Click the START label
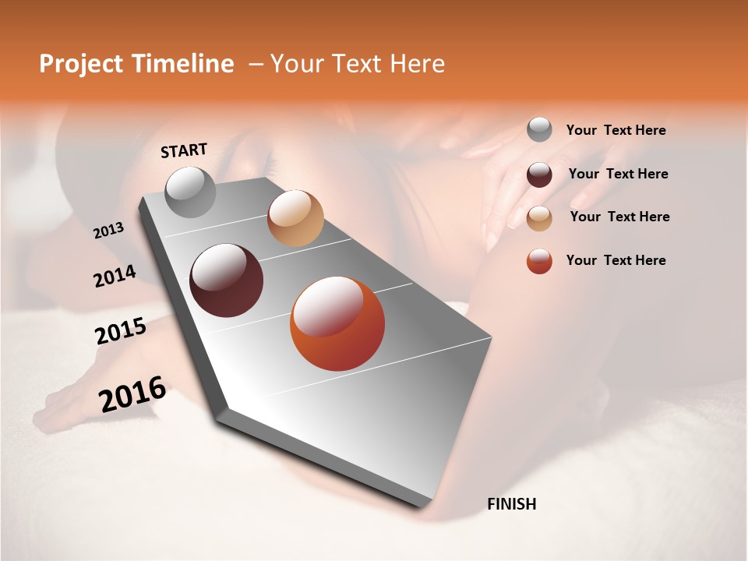[184, 150]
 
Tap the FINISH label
[512, 504]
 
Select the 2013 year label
[108, 231]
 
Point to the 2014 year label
[115, 277]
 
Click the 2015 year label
[121, 331]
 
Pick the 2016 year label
[132, 394]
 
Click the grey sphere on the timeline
[190, 192]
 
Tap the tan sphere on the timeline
[295, 217]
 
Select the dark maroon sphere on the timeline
[227, 280]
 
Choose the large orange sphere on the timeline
[337, 323]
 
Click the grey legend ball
[539, 129]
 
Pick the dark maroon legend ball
[539, 175]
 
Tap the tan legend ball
[539, 217]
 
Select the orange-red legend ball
[539, 261]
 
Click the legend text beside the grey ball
[616, 130]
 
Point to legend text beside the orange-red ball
[616, 260]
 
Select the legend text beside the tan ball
[619, 217]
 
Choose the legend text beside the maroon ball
[618, 174]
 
